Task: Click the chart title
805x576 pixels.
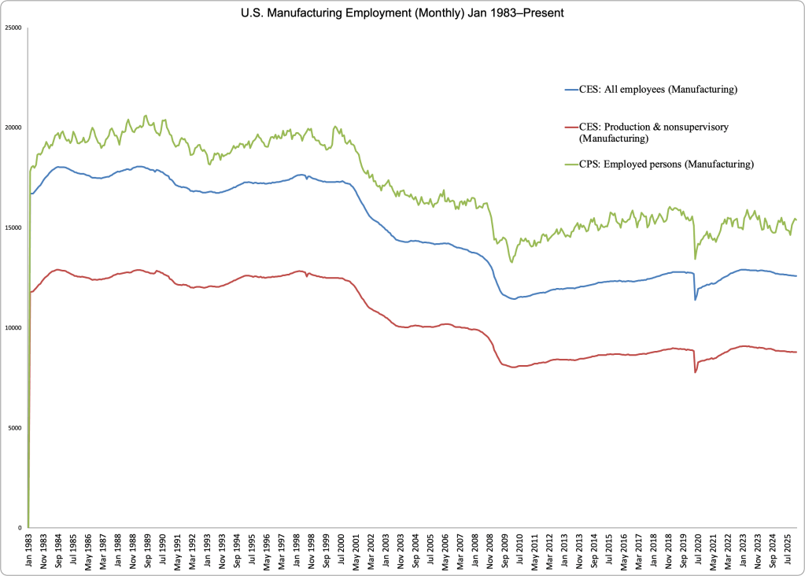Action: click(401, 13)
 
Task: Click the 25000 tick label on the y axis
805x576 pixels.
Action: click(14, 28)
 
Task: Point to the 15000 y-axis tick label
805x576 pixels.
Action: click(14, 227)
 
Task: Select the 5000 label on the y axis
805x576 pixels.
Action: click(16, 427)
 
